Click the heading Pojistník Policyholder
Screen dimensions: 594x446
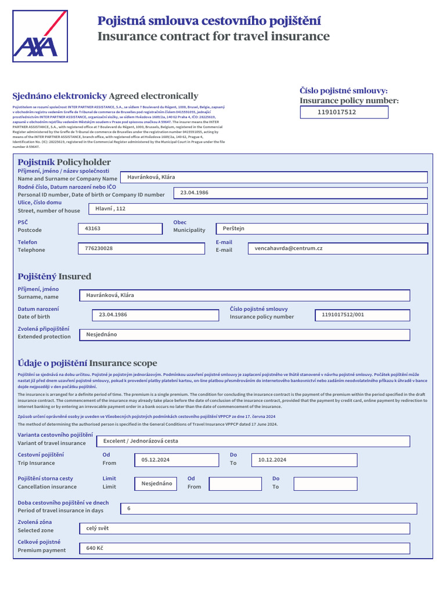pos(64,162)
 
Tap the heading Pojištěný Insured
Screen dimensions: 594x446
pos(55,276)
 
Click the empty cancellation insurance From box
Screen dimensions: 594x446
pos(235,483)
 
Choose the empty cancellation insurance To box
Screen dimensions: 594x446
pos(325,483)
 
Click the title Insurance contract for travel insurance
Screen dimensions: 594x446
pos(213,37)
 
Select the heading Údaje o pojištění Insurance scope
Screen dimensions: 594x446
pos(87,363)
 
